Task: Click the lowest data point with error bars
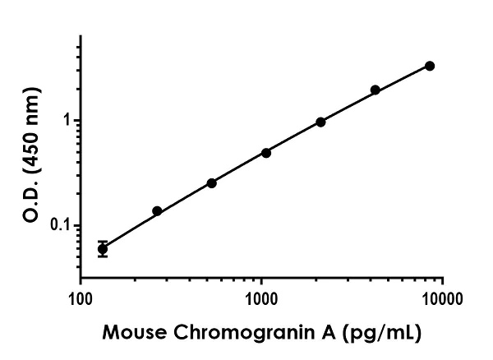(103, 248)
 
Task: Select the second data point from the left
(157, 211)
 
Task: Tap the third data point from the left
(211, 182)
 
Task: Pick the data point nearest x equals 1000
(266, 153)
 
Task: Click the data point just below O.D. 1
(320, 122)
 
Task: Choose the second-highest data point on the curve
(376, 90)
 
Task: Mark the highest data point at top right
(430, 66)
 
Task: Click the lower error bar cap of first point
(103, 256)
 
